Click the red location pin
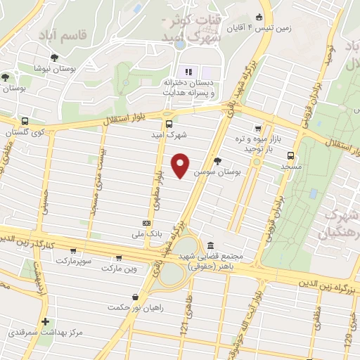tap(181, 165)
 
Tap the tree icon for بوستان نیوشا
tap(55, 58)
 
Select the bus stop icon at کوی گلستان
tap(26, 121)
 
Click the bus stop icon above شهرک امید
tap(167, 115)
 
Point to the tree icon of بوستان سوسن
tap(217, 160)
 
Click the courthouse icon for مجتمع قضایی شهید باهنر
tap(212, 245)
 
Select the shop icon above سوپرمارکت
tap(72, 250)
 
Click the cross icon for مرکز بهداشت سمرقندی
tap(46, 321)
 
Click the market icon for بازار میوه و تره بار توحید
tap(258, 129)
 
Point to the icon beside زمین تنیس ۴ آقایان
tap(259, 17)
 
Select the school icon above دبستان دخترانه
tap(188, 72)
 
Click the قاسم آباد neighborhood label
tap(84, 34)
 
